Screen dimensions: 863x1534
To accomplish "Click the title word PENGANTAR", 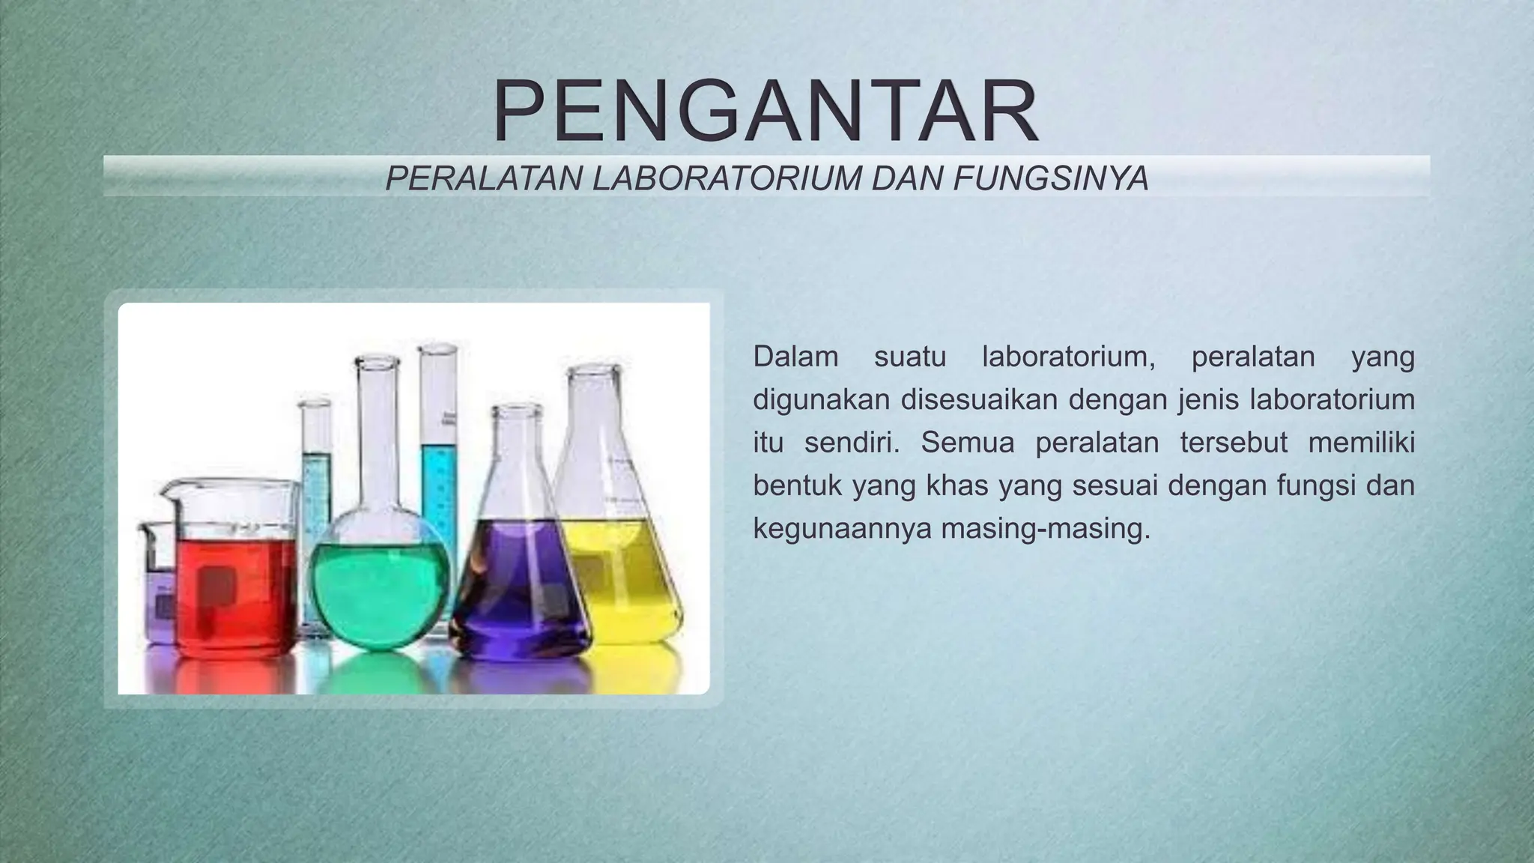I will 766,112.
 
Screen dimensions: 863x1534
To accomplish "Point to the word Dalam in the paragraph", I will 795,357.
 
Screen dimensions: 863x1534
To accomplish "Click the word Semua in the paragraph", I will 967,443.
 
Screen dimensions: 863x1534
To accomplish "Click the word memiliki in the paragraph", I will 1361,443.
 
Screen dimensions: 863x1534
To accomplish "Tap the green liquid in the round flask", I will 382,592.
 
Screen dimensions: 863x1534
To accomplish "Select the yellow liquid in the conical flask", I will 622,577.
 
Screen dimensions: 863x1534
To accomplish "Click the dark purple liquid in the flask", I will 517,592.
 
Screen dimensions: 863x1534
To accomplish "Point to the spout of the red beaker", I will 166,488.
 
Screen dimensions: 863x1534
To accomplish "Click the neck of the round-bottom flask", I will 378,434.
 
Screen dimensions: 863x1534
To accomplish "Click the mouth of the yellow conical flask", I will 594,370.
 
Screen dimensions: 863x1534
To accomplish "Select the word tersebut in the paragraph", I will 1233,443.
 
